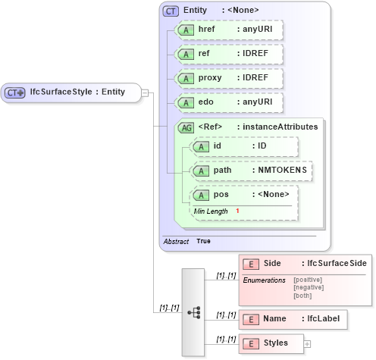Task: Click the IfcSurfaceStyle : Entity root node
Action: [x=72, y=92]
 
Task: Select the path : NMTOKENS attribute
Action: [x=251, y=171]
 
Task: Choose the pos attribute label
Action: [x=221, y=195]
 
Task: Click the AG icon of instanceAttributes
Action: [x=186, y=127]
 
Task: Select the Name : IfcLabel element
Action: [x=293, y=320]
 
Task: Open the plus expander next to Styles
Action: [x=307, y=344]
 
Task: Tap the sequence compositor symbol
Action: [x=193, y=311]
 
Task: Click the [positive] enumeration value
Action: [x=307, y=280]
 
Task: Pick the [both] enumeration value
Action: [x=302, y=296]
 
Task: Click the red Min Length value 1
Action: [x=237, y=211]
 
